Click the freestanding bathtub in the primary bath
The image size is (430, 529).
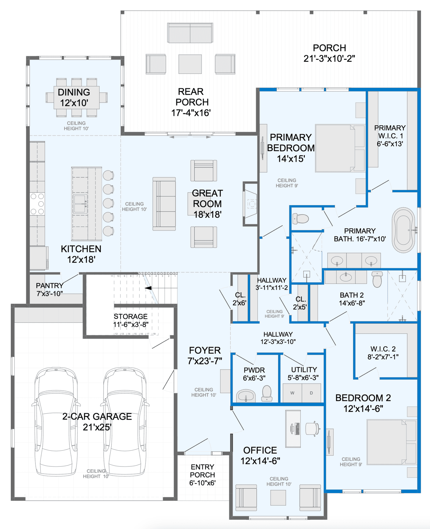coord(403,230)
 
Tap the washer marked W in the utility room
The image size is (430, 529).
coord(292,393)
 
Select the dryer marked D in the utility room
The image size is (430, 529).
coord(311,393)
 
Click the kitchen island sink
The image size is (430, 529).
coord(80,204)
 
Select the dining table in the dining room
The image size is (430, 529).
coord(77,97)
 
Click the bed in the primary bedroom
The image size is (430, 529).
coord(340,148)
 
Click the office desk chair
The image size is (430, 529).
coord(313,428)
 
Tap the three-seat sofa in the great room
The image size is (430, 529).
coord(164,204)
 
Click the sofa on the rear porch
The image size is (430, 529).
coord(190,33)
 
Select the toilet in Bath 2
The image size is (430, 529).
coord(377,279)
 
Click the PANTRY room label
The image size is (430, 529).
coord(50,285)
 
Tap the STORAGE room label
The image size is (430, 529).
coord(131,316)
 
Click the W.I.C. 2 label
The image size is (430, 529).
coord(383,349)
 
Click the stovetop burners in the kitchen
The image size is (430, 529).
coord(37,204)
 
